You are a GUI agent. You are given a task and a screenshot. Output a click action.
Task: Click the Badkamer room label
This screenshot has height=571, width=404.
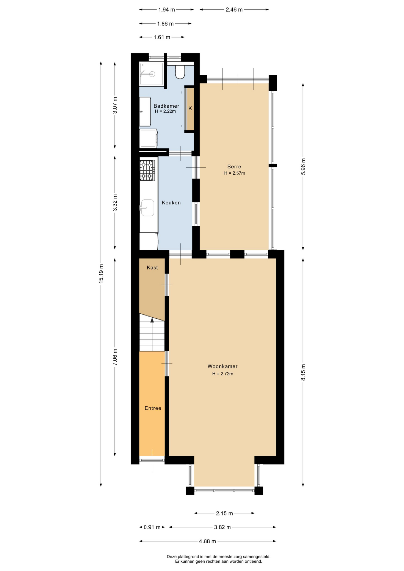166,106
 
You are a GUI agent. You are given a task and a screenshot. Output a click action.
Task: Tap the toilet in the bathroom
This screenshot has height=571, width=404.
180,72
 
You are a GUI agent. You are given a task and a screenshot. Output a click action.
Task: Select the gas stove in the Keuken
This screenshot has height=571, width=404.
147,170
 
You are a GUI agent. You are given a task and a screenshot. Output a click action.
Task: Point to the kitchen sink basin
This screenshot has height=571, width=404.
148,207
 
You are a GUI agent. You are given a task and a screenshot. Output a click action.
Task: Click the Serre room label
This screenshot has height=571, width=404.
234,167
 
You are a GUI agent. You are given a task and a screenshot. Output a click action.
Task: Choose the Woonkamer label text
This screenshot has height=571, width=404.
223,366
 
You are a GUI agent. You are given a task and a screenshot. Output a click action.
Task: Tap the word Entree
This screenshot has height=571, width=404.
153,408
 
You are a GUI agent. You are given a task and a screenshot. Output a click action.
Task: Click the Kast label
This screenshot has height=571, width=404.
152,268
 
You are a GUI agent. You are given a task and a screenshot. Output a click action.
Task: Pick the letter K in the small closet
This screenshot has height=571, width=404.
190,108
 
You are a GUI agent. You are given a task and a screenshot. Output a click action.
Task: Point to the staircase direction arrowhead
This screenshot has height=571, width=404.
152,320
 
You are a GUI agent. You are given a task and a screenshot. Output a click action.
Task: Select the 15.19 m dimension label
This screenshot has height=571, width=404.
101,274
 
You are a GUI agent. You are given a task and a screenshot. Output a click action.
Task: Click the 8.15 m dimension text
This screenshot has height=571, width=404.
303,372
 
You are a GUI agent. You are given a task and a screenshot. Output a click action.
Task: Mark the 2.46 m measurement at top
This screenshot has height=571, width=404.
234,10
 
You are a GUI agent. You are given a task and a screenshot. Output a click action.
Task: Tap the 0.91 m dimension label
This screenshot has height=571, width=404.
152,527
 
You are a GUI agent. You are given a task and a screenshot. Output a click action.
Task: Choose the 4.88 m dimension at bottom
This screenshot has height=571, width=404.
207,541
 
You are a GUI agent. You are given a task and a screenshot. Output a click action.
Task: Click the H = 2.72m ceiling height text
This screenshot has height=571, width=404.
223,374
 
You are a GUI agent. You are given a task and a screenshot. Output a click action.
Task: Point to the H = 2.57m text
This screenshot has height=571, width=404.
234,173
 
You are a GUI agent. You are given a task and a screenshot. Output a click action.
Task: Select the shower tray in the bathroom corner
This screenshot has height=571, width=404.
152,74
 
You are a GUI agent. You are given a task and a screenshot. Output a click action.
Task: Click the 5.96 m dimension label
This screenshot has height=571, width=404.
303,167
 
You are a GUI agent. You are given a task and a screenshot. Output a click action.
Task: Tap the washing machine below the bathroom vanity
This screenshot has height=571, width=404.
148,138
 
